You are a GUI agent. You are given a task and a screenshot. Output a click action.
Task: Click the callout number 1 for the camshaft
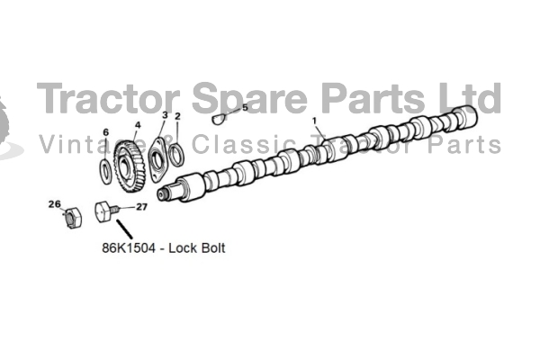point(314,121)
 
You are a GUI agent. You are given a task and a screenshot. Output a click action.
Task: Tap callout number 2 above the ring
point(177,116)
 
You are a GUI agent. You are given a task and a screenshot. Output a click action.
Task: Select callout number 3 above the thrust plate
point(165,114)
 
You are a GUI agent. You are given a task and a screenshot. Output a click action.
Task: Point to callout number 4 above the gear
point(138,125)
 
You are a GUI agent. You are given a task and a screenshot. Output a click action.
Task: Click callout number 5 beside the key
point(245,107)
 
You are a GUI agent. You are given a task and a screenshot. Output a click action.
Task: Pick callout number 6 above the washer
point(105,132)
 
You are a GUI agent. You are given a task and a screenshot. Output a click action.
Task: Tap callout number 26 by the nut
point(54,204)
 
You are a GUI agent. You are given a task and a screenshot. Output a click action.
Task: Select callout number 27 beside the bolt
point(141,207)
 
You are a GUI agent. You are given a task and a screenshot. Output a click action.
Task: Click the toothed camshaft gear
point(130,166)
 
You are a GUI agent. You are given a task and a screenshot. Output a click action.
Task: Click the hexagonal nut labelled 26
point(73,218)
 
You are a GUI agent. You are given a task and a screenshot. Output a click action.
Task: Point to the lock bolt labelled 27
point(106,211)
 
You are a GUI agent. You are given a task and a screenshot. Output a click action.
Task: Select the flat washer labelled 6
point(105,171)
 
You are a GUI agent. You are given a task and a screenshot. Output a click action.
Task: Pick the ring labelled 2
point(177,155)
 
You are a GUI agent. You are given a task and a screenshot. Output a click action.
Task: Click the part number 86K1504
point(129,248)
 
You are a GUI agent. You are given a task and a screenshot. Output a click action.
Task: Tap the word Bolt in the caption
point(212,248)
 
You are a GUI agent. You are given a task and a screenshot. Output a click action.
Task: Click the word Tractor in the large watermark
point(108,98)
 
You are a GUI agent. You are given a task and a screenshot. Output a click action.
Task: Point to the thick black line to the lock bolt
point(124,229)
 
